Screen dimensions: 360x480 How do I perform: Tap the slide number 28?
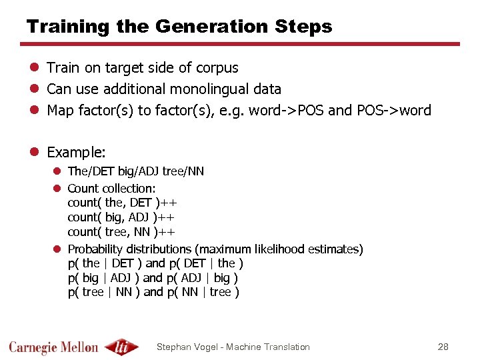tap(443, 347)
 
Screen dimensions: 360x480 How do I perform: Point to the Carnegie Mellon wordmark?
tap(53, 347)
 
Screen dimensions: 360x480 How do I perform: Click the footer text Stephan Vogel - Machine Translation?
tap(233, 347)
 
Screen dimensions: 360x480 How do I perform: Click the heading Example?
tap(76, 152)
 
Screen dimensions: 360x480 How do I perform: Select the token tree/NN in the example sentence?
tap(183, 171)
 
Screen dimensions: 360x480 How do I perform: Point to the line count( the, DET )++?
tap(122, 203)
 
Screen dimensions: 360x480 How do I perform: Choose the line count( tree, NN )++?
tap(121, 232)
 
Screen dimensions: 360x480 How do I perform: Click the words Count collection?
tap(111, 189)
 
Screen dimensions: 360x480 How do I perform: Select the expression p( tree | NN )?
tap(103, 292)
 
